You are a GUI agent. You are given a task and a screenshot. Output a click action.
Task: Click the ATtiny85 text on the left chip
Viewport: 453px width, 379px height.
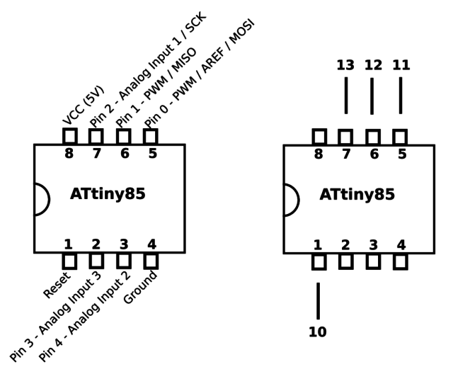[x=108, y=194]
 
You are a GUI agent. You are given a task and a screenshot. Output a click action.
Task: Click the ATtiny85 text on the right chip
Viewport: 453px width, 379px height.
[x=357, y=195]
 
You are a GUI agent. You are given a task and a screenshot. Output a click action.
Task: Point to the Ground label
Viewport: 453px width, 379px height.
[x=140, y=287]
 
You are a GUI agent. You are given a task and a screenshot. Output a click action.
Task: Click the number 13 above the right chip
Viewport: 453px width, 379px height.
[x=345, y=65]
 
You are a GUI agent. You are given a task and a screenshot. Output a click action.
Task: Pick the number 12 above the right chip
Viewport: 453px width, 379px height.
[x=373, y=65]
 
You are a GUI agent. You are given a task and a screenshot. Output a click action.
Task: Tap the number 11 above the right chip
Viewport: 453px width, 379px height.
[x=401, y=65]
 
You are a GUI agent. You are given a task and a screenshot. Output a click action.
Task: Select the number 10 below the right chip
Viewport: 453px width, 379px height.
[x=318, y=332]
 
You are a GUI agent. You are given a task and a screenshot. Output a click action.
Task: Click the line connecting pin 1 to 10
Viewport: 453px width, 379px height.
[x=318, y=300]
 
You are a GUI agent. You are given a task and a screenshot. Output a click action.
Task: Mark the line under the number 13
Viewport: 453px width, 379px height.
[x=345, y=95]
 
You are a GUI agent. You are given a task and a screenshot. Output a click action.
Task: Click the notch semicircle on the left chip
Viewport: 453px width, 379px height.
[x=41, y=199]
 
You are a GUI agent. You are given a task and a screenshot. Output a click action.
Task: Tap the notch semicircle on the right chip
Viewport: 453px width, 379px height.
[x=291, y=199]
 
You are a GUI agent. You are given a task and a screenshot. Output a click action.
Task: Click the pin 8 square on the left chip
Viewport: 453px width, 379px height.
[x=69, y=136]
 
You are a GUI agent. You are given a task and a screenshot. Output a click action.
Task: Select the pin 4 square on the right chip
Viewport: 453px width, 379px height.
[x=401, y=262]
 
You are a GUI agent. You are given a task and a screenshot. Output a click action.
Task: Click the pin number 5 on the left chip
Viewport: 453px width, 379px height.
[x=152, y=153]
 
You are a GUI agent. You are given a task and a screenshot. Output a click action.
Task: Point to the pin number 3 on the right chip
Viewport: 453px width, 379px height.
[x=373, y=245]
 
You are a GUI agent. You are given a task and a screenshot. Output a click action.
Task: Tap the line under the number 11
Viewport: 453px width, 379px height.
[x=401, y=95]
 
